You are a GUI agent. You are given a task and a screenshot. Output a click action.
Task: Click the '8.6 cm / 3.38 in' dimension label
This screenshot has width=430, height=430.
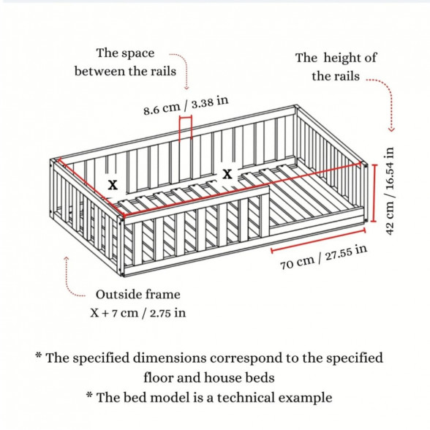point(186,105)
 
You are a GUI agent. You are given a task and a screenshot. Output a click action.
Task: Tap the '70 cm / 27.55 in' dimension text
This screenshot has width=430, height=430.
point(323,257)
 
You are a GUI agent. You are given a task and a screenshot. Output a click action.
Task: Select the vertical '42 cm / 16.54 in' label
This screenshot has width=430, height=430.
point(390,191)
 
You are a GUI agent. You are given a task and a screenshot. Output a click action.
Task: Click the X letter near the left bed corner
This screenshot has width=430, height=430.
point(113,184)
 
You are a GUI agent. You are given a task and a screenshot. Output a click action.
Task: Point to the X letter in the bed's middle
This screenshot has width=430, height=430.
point(227,173)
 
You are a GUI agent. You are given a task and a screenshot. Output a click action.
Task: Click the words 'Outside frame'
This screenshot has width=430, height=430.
point(138,295)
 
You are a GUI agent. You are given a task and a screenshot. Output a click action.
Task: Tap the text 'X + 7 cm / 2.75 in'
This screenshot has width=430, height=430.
point(138,313)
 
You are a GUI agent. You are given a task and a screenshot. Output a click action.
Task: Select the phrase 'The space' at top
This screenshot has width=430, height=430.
point(125,53)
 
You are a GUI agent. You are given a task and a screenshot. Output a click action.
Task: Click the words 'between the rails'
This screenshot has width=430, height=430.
point(125,72)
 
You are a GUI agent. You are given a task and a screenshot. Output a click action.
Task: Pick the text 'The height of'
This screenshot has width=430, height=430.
point(336,58)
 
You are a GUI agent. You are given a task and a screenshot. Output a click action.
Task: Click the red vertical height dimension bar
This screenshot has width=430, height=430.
point(374,193)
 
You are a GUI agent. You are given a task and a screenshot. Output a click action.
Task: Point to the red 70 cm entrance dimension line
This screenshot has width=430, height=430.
point(318,241)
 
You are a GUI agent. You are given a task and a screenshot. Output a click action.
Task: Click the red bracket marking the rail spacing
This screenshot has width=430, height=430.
point(186,128)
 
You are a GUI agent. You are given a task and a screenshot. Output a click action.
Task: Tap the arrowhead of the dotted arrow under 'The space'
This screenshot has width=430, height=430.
point(186,88)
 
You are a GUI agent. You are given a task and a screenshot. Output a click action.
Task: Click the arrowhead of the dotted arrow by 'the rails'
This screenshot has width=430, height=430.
point(392,129)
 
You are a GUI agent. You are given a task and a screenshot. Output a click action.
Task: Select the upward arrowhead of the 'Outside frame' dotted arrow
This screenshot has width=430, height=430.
point(67,258)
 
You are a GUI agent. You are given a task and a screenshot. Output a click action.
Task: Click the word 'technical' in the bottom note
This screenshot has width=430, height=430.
point(246,398)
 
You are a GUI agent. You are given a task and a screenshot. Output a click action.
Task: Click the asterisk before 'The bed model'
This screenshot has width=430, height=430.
point(89,396)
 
